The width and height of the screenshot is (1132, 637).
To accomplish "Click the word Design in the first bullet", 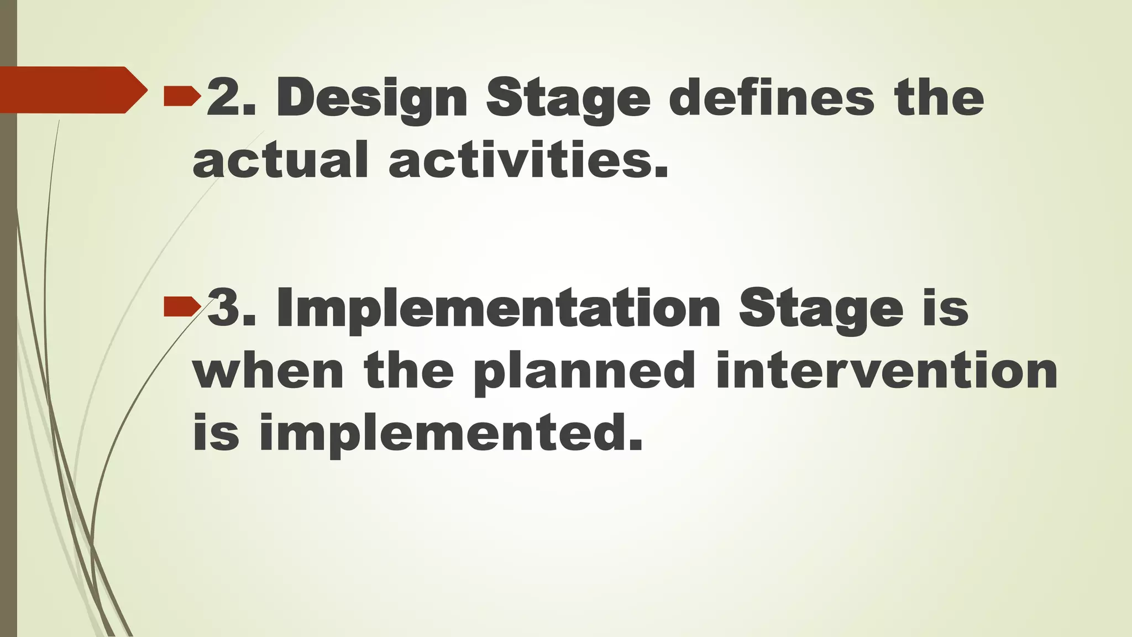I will (371, 98).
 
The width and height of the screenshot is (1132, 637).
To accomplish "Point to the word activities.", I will (528, 160).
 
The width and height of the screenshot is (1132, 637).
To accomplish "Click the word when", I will (269, 372).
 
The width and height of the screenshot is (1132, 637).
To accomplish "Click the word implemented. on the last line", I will (450, 434).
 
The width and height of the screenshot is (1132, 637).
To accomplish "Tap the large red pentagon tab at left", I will (72, 90).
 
